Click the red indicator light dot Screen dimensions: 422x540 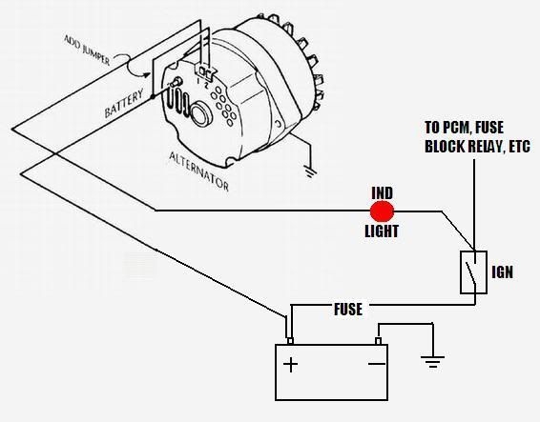point(382,211)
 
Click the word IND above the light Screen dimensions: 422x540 point(383,192)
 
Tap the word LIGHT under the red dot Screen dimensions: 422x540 point(383,231)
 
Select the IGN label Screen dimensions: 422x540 point(503,271)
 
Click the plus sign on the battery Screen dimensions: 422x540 point(290,364)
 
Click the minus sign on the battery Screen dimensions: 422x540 point(377,364)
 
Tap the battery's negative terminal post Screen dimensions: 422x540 point(378,340)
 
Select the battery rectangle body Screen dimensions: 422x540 point(333,372)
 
